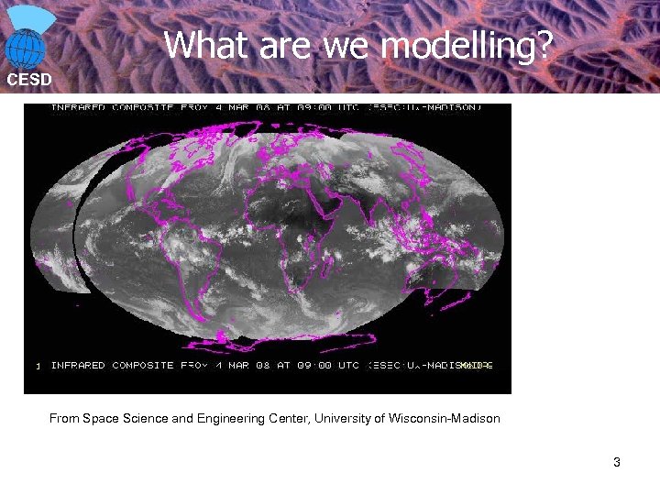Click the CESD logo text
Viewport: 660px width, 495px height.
click(28, 80)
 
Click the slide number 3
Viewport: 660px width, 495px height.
click(617, 462)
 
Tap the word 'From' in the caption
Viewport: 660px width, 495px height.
click(64, 419)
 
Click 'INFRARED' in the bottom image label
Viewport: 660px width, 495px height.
click(78, 365)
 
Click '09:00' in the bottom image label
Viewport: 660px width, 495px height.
click(313, 365)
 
